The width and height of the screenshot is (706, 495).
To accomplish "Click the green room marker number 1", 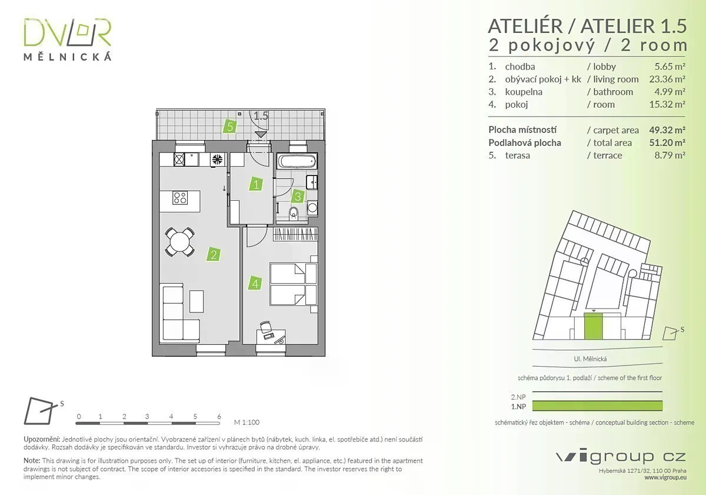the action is point(256,184).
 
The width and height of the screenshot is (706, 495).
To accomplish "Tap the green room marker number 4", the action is point(255,283).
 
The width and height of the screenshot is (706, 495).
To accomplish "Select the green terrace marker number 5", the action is point(230,127).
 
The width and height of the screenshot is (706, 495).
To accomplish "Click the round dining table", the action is point(179,242).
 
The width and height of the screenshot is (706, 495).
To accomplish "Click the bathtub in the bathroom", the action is point(297,161).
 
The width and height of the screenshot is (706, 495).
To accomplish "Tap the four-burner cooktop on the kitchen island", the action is point(180,198).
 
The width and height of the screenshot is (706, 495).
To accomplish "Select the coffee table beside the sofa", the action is point(197,301).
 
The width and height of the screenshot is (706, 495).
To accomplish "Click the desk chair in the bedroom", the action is point(265,327).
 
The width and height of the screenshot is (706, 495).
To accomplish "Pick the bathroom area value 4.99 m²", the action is point(670,92).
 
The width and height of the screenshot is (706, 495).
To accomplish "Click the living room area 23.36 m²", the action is point(667,79).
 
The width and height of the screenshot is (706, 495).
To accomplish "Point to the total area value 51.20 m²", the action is point(667,142).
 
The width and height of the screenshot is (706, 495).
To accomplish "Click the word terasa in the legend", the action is point(517,155).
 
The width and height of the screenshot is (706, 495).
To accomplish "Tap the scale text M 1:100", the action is point(247,422).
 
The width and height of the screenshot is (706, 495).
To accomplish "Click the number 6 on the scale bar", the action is point(219,416).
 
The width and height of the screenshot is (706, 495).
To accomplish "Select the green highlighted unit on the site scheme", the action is point(593,326).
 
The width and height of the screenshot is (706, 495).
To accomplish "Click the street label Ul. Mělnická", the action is point(590,359).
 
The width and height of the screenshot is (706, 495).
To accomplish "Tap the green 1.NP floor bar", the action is point(597,406).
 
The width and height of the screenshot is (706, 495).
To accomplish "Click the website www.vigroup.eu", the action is point(665,478).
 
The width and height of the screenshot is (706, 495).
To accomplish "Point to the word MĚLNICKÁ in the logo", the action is point(68,57).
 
